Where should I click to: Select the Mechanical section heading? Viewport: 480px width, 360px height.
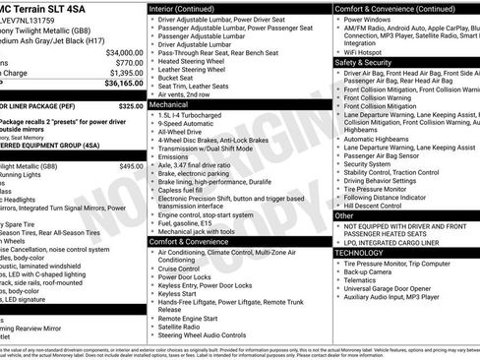(169, 102)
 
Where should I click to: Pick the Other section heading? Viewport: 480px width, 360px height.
(344, 214)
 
